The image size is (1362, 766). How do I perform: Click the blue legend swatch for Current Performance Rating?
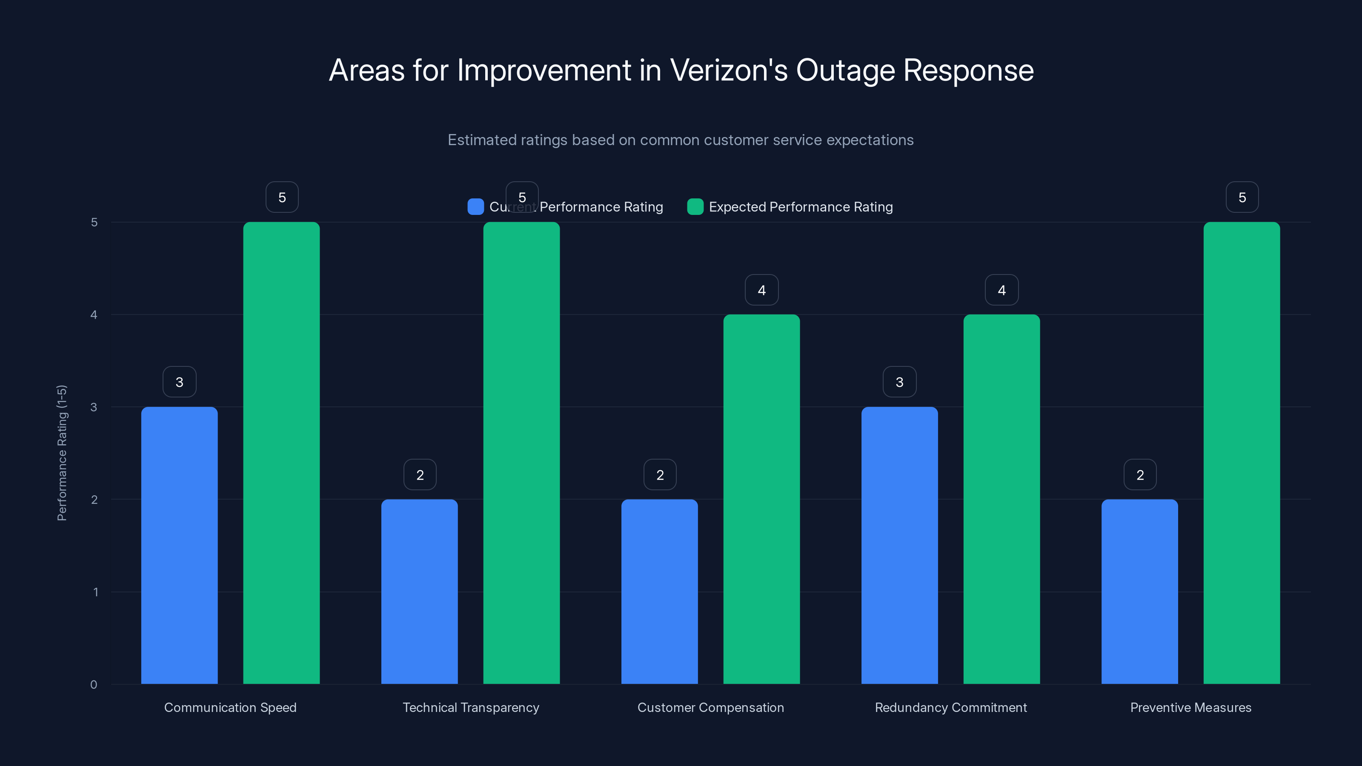pos(476,207)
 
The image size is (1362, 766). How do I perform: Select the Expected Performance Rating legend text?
pos(801,207)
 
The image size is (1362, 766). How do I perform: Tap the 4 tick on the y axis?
pos(94,314)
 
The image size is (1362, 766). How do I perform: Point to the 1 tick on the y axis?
pos(96,592)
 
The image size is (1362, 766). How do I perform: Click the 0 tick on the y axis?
pos(94,685)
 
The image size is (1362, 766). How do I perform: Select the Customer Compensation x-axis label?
pos(711,707)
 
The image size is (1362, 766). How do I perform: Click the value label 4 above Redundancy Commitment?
pos(1001,290)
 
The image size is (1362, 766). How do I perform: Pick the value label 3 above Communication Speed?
pos(179,382)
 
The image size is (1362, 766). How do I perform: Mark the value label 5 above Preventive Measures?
pos(1242,197)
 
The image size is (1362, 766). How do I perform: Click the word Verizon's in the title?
pos(729,70)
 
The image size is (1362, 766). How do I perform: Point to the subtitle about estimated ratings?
pos(681,140)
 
